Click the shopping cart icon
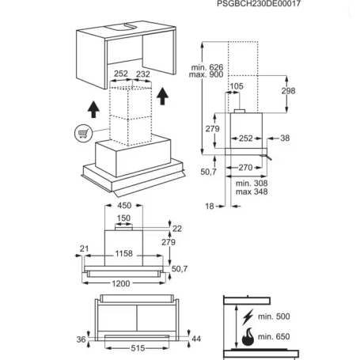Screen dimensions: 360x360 pos(83,133)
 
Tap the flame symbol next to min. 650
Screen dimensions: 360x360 pos(248,337)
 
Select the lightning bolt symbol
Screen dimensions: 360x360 pos(248,316)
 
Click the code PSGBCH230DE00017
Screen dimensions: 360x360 pos(259,4)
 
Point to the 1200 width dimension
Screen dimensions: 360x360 pos(121,283)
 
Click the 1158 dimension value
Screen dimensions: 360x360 pos(123,253)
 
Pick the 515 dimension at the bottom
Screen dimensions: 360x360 pos(138,348)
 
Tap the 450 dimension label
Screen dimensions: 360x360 pos(124,205)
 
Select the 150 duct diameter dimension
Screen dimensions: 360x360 pos(123,218)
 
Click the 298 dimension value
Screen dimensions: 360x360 pos(288,91)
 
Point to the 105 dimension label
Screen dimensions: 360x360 pos(237,86)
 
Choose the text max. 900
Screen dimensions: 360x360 pos(206,74)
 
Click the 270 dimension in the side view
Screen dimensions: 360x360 pos(245,168)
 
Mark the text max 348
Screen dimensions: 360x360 pos(252,191)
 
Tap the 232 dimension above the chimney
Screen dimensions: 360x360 pos(142,74)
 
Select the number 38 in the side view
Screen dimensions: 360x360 pos(285,138)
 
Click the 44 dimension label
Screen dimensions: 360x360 pos(196,339)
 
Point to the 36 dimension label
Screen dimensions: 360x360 pos(81,339)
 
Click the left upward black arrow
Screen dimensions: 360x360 pos(93,109)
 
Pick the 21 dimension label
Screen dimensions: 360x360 pos(84,248)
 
